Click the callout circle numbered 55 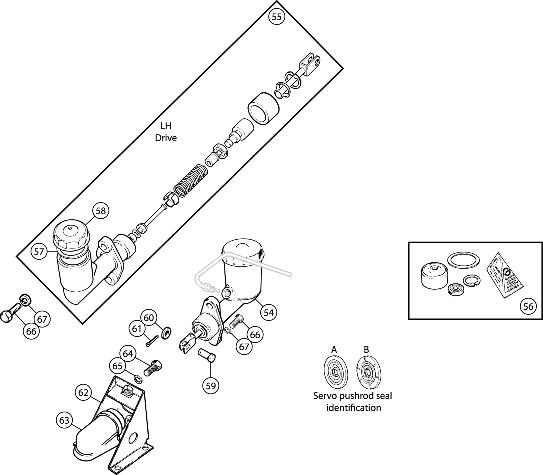point(276,17)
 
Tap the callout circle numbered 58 point(100,211)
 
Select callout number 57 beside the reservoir point(39,252)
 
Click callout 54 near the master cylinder point(269,313)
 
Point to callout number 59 point(211,386)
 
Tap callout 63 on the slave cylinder point(64,420)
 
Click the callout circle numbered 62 point(83,393)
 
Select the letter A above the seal point(334,350)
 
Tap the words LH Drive point(166,132)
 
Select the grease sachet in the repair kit point(505,274)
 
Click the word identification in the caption point(353,408)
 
